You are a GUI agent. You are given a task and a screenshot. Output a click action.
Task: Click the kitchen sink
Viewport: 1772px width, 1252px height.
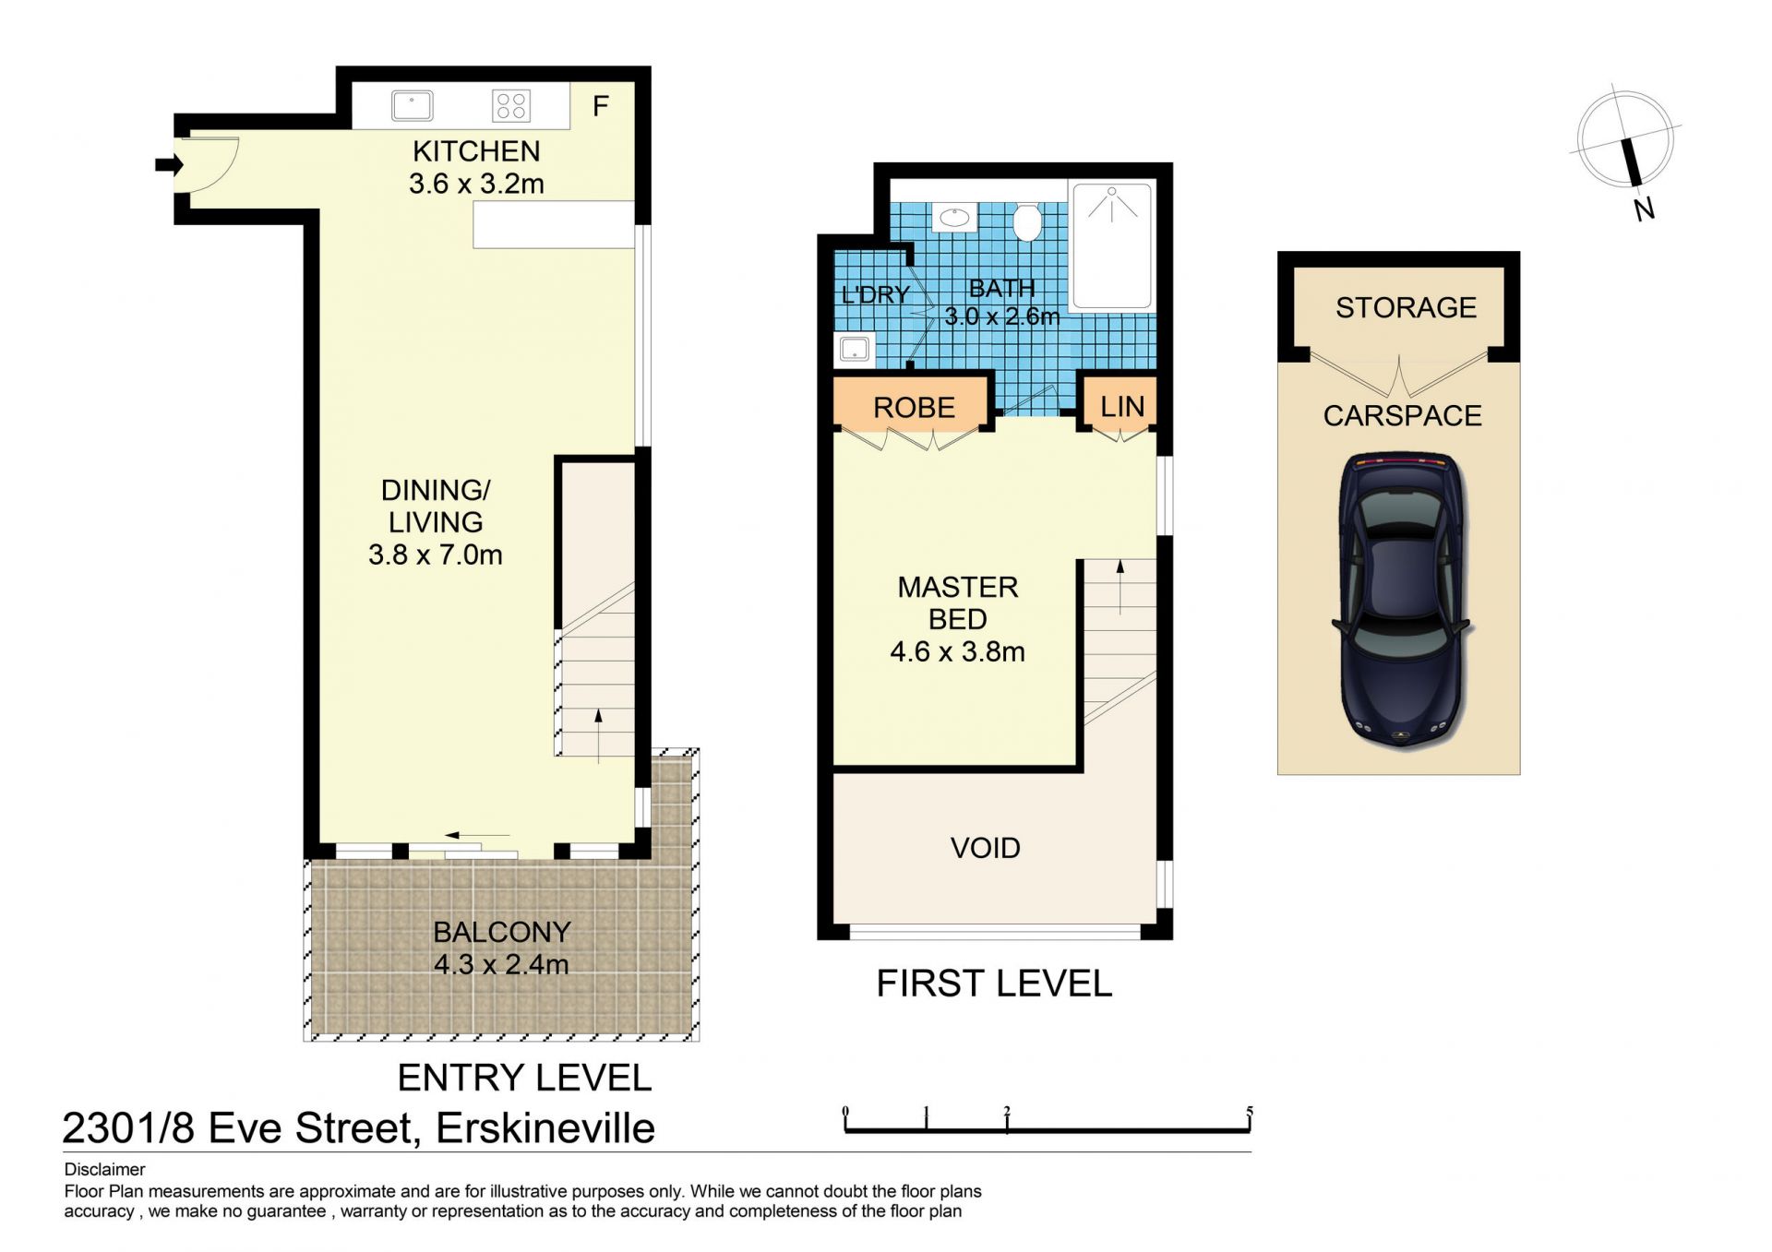(x=412, y=105)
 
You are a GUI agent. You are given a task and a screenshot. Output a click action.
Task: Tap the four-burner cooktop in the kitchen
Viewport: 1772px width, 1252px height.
(x=510, y=105)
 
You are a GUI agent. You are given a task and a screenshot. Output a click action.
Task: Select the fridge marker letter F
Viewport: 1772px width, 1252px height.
(x=600, y=107)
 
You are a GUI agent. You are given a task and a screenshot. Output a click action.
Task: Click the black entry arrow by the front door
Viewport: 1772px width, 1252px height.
(x=169, y=165)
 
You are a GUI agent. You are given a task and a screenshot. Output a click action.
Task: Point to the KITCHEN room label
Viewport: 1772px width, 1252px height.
(x=476, y=151)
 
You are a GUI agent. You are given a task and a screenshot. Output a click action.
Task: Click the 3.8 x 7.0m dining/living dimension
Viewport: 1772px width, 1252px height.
(x=436, y=554)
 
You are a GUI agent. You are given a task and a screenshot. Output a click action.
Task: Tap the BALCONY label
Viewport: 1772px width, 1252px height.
(x=502, y=932)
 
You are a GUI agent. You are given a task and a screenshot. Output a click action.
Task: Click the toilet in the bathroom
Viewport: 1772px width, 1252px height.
(x=1026, y=221)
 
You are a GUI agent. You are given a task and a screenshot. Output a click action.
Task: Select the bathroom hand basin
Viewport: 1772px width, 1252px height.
(x=953, y=219)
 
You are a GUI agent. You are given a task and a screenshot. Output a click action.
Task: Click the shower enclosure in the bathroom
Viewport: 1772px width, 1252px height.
(x=1112, y=245)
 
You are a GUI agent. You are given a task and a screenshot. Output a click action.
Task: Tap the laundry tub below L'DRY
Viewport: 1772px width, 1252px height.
(x=854, y=350)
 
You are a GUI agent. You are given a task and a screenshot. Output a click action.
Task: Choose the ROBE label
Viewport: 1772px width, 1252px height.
(x=914, y=408)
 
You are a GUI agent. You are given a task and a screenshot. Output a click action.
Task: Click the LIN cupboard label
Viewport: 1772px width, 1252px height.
(x=1122, y=407)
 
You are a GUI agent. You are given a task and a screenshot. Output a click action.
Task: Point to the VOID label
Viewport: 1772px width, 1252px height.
(x=986, y=848)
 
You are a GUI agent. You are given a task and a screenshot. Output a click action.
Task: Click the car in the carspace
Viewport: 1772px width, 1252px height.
(x=1400, y=600)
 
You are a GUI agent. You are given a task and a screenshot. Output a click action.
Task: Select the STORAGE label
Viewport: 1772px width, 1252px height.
(x=1407, y=307)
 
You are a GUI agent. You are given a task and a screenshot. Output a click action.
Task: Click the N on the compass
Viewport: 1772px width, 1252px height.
(x=1644, y=209)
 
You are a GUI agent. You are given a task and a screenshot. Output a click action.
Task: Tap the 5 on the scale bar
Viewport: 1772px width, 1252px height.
(x=1250, y=1112)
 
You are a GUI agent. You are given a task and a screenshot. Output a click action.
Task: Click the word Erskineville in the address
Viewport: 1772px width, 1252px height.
(x=545, y=1128)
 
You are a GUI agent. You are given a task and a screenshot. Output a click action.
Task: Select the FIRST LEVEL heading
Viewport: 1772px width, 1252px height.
(x=994, y=984)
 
